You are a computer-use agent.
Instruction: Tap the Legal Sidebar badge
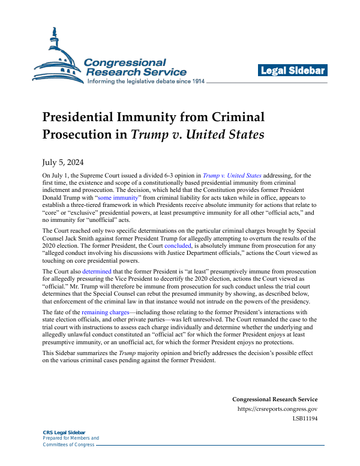pos(293,71)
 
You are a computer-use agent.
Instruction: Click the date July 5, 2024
pos(62,161)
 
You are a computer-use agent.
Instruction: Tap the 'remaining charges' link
pos(108,313)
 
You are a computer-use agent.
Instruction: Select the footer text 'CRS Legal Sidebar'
pos(64,432)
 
